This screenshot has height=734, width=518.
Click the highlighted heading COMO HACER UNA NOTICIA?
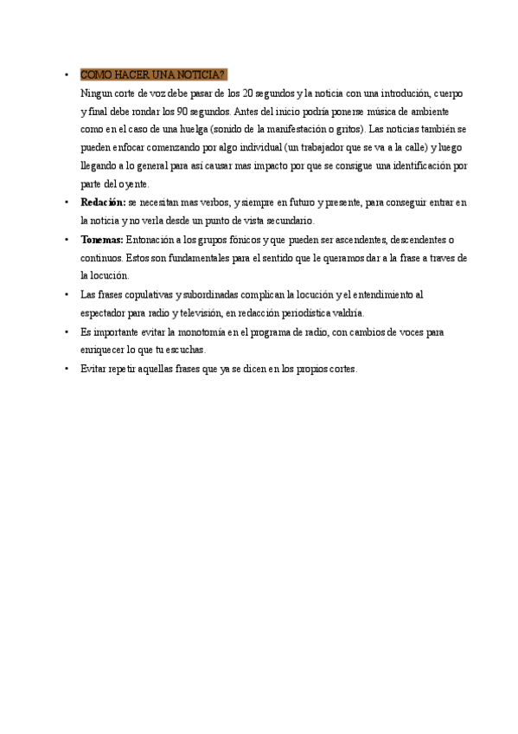tap(152, 74)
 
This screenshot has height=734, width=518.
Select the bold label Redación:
tap(103, 203)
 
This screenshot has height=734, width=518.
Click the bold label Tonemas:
tap(102, 239)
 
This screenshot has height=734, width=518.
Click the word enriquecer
tap(105, 350)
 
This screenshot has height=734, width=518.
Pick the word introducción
tap(391, 93)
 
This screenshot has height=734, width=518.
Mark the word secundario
tap(284, 221)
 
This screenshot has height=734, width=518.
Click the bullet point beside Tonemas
tap(67, 240)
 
